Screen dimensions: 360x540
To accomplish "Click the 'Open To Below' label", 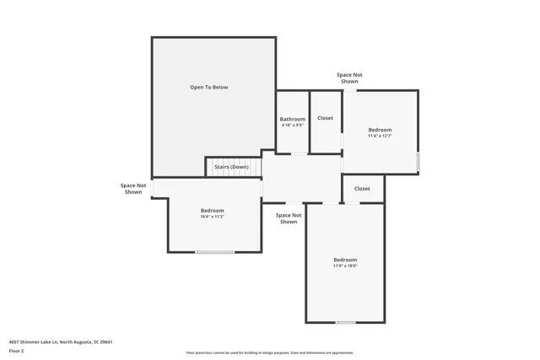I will [x=208, y=87].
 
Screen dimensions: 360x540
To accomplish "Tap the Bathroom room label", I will [x=293, y=119].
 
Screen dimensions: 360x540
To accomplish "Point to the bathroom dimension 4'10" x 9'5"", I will [x=293, y=126].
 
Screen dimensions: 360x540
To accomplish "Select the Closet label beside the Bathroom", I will [x=325, y=118].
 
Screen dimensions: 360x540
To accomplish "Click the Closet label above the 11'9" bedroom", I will [x=362, y=188].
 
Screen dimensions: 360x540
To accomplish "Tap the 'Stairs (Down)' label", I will [x=231, y=167].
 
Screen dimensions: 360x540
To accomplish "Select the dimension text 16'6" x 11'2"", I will [x=212, y=217].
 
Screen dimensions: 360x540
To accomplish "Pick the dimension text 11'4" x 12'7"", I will [x=380, y=136].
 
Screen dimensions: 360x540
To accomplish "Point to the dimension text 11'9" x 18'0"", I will [x=345, y=266].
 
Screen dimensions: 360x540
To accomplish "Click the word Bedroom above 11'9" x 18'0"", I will [x=345, y=259].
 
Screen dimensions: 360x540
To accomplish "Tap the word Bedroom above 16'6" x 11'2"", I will [x=212, y=210].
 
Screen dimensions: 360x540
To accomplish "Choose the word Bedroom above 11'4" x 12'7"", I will [x=380, y=129].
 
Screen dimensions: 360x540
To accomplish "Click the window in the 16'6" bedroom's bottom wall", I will [x=215, y=252].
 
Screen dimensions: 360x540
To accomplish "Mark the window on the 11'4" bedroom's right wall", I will [x=418, y=161].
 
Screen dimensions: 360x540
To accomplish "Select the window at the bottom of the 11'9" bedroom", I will [x=345, y=322].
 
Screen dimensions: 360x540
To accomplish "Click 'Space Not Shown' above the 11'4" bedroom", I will [x=349, y=78].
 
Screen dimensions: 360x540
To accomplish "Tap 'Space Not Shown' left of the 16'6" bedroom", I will [x=133, y=188].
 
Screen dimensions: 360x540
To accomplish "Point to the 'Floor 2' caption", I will [x=17, y=351].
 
